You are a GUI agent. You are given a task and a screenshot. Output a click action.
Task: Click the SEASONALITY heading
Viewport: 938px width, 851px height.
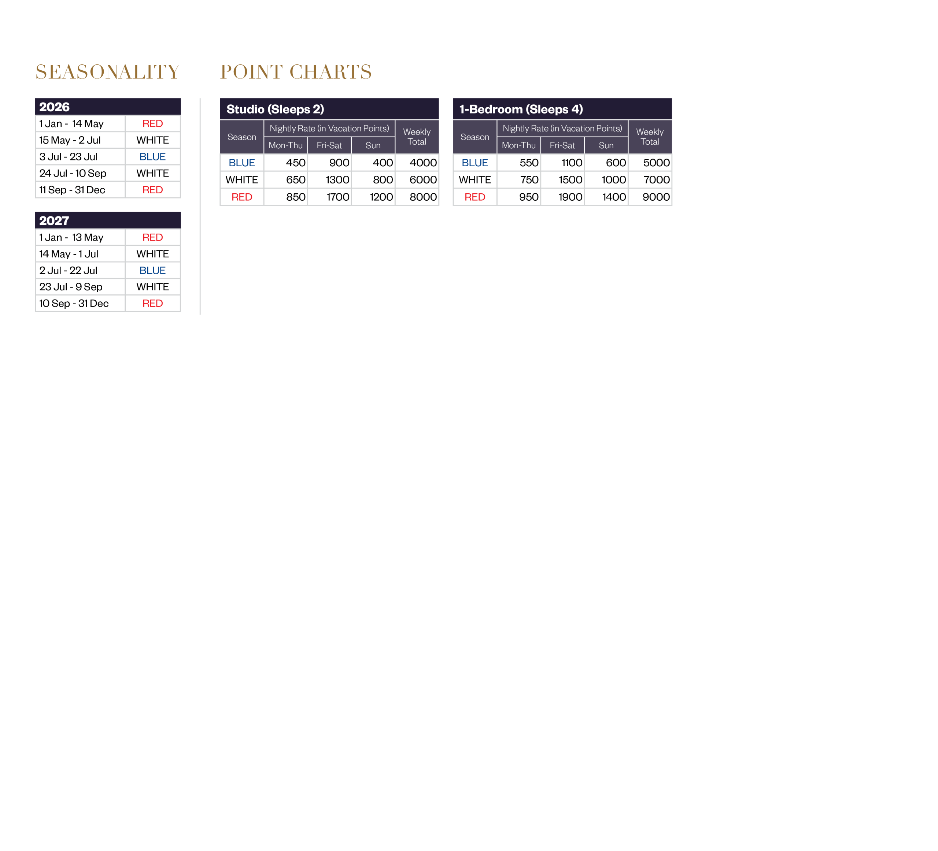pos(107,72)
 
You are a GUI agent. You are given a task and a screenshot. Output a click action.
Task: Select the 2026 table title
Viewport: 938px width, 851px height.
pos(55,107)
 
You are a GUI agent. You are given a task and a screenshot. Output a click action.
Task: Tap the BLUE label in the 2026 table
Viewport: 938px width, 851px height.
pos(153,157)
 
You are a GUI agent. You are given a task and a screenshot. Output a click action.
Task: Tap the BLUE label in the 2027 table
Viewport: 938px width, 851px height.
pos(153,271)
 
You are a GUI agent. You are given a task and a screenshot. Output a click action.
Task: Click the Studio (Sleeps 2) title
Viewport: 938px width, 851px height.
pos(275,109)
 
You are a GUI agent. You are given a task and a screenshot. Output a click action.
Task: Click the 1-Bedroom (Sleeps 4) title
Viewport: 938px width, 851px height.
pos(521,109)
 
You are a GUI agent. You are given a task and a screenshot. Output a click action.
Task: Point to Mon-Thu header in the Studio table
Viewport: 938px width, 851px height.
pos(286,145)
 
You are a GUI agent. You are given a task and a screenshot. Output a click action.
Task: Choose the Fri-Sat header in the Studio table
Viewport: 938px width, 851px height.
pos(329,145)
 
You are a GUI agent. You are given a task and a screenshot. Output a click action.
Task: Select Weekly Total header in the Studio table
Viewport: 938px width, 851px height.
pos(417,137)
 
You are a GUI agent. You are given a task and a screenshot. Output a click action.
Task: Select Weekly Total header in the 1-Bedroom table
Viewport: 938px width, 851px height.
pos(650,137)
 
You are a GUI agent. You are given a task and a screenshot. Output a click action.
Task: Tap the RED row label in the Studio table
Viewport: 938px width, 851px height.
pos(242,197)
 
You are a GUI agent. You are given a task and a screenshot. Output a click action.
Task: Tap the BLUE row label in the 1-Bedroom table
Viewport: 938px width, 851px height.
pos(474,163)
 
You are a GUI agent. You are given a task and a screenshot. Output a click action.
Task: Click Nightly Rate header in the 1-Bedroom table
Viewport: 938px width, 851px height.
pos(562,129)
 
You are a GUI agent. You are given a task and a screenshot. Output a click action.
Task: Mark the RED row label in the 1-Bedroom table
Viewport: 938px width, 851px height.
pos(474,197)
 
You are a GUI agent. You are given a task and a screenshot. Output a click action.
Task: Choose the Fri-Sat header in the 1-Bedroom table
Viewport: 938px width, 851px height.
pos(562,145)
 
